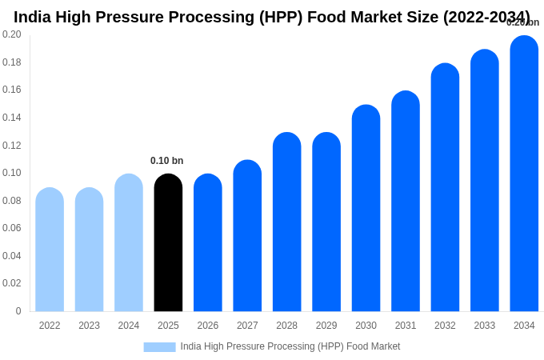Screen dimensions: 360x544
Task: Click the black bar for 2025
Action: [x=168, y=243]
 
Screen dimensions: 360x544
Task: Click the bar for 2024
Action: [x=129, y=243]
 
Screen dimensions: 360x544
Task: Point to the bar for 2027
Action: [x=247, y=236]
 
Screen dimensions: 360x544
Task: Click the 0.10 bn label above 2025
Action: [x=166, y=161]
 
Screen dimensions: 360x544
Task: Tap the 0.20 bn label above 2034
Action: [x=522, y=22]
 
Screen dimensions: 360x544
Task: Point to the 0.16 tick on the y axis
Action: [x=12, y=90]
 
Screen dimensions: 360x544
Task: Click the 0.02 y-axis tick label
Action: [x=12, y=283]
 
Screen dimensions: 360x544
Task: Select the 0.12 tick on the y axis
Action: [x=12, y=146]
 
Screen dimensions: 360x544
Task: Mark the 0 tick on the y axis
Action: [x=18, y=311]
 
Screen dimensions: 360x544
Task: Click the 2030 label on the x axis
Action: [x=366, y=326]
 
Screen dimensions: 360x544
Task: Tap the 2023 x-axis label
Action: [x=89, y=326]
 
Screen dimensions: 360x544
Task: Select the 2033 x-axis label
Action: [x=484, y=326]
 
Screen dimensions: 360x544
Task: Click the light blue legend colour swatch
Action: [x=159, y=347]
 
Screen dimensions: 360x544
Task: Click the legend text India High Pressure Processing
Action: [x=290, y=346]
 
